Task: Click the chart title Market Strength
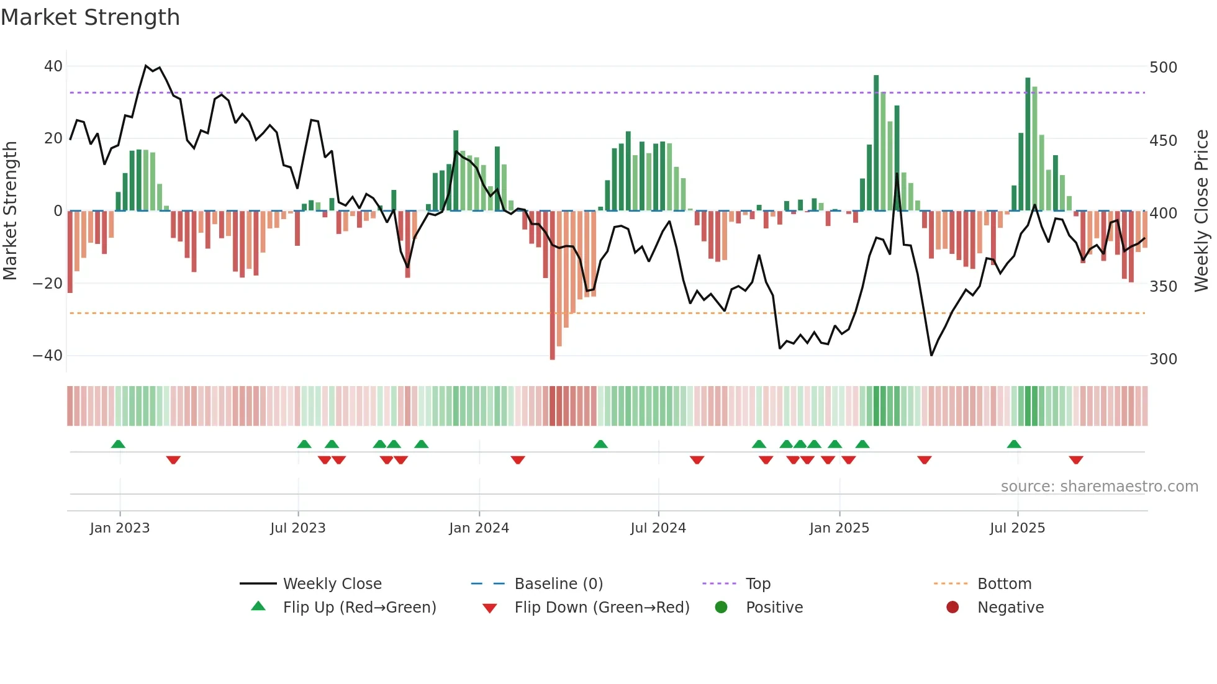90,17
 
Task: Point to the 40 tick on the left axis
53,66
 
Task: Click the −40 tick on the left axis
48,356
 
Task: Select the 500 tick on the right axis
1163,67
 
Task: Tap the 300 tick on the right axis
1163,359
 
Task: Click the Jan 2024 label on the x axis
479,528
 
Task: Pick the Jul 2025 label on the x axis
1017,528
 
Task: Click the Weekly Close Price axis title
1201,211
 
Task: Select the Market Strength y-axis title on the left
10,211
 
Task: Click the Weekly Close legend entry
332,584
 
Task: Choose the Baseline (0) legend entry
558,584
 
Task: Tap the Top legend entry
758,584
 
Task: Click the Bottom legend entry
1004,584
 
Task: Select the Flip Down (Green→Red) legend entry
602,608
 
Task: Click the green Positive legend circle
721,607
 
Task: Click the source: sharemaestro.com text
1099,487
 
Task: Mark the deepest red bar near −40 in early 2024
553,286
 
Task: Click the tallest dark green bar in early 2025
876,143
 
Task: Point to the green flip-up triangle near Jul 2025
1014,444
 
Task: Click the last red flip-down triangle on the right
1076,460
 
